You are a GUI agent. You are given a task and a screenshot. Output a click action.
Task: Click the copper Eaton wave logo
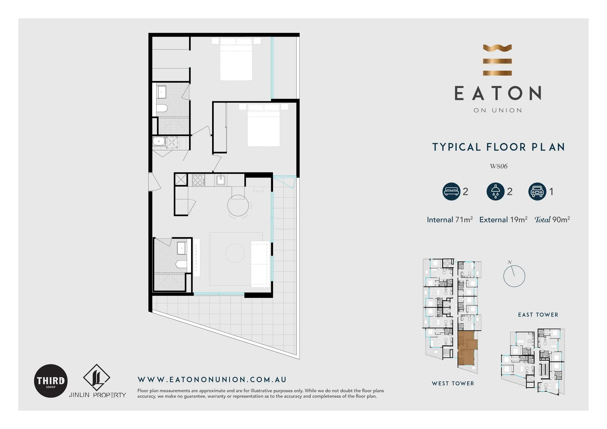coord(497,60)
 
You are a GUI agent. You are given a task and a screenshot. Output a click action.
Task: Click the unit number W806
coord(499,166)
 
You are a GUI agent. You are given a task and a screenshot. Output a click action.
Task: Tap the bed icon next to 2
coord(451,191)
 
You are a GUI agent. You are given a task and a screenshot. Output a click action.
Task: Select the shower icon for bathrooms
coord(495,191)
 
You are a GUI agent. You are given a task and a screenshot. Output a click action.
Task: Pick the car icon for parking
coord(537,191)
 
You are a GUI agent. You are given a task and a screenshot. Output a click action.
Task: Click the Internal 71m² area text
coord(450,220)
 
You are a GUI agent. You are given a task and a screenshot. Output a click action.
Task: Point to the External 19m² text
coord(503,220)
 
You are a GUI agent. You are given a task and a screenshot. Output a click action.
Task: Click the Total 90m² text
coord(552,220)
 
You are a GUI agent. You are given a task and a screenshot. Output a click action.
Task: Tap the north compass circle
coord(514,276)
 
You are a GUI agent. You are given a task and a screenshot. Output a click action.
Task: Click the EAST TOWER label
coord(538,315)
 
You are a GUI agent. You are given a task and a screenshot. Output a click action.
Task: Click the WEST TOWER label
coord(453,383)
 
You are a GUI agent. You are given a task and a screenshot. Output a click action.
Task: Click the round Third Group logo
coord(51,381)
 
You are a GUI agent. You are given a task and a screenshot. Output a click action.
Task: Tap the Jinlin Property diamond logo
coord(97,377)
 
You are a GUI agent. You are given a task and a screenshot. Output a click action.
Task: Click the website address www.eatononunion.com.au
coord(212,380)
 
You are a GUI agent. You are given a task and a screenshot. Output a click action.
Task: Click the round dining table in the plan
coord(238,205)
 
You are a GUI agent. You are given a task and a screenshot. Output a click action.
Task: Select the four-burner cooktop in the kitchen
coord(198,180)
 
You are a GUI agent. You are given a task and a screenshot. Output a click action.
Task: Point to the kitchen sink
coord(220,180)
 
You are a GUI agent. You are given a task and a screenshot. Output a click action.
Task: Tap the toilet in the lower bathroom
coord(181,264)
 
